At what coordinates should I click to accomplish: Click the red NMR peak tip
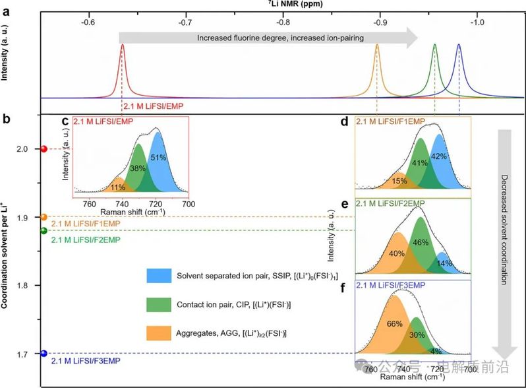coord(122,46)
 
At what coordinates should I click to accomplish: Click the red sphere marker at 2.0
coord(44,149)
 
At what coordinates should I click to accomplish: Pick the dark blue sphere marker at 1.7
coord(44,354)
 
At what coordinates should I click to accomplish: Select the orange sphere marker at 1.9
coord(44,217)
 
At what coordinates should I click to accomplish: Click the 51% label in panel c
coord(159,158)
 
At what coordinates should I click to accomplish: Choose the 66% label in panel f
coord(394,323)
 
